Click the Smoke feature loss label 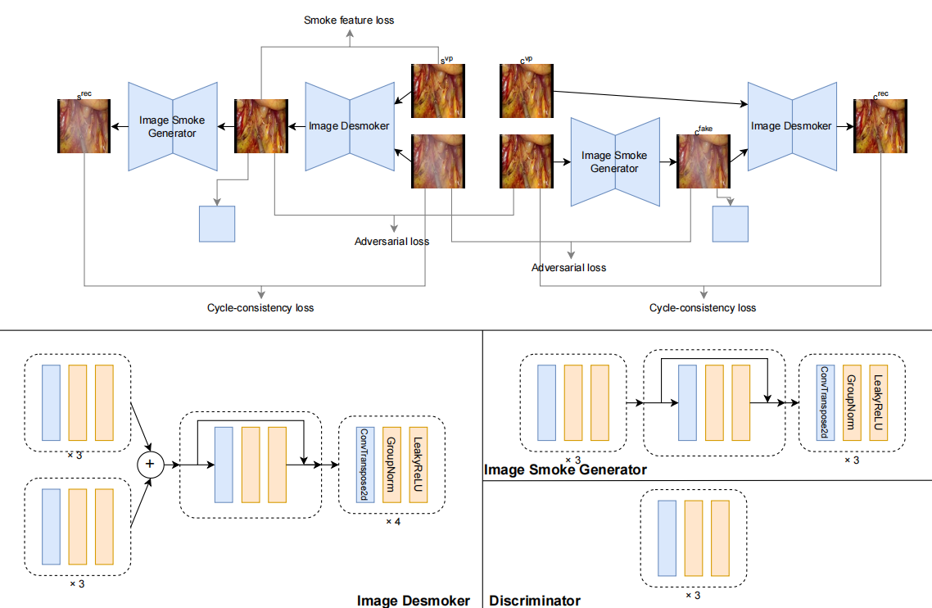click(x=349, y=20)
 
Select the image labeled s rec click(x=84, y=126)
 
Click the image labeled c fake click(x=704, y=162)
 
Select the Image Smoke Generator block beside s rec click(x=172, y=126)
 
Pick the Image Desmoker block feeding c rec click(x=792, y=126)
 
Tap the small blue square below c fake click(x=731, y=224)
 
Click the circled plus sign click(x=150, y=465)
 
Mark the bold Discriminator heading click(x=535, y=601)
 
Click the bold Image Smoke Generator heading click(x=566, y=470)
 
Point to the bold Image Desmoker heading click(x=414, y=601)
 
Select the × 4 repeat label click(x=392, y=521)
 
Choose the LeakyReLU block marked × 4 click(x=419, y=464)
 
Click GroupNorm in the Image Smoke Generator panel click(x=851, y=403)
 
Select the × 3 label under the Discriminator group click(x=693, y=595)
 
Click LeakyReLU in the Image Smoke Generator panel click(x=879, y=403)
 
